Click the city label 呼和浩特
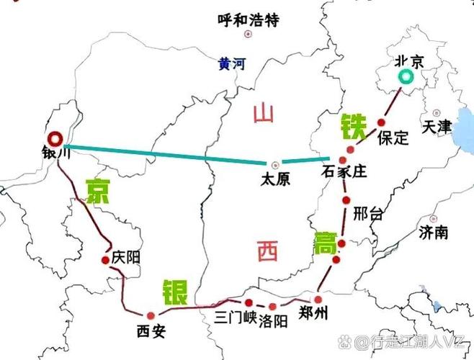click(x=247, y=19)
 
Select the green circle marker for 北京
click(x=408, y=78)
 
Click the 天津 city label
click(x=437, y=127)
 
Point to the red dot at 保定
click(x=381, y=123)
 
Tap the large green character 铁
click(x=354, y=127)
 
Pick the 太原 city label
click(x=275, y=179)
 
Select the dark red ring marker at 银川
click(x=54, y=138)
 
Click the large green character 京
click(x=99, y=191)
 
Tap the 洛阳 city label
click(x=274, y=319)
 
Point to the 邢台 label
click(x=369, y=214)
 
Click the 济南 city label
click(x=432, y=232)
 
